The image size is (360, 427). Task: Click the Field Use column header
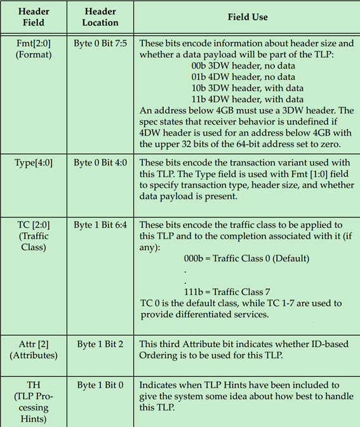tap(248, 17)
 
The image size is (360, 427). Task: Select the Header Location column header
tap(100, 17)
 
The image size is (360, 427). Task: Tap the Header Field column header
tap(33, 17)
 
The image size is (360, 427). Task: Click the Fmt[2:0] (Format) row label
tap(33, 48)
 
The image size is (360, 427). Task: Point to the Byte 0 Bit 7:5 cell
tap(100, 43)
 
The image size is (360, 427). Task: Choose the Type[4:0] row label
tap(33, 162)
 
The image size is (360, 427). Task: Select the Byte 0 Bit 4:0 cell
tap(100, 162)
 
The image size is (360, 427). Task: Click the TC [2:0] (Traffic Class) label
tap(33, 236)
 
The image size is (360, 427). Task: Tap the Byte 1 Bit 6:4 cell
tap(100, 225)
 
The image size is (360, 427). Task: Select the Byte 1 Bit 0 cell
tap(100, 385)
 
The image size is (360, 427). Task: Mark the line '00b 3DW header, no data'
tap(243, 65)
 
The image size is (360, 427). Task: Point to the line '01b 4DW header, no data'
tap(243, 77)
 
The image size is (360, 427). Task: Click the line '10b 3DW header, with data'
tap(246, 88)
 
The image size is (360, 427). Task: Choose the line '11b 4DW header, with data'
tap(246, 99)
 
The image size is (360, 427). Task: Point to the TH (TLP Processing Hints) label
tap(33, 402)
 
